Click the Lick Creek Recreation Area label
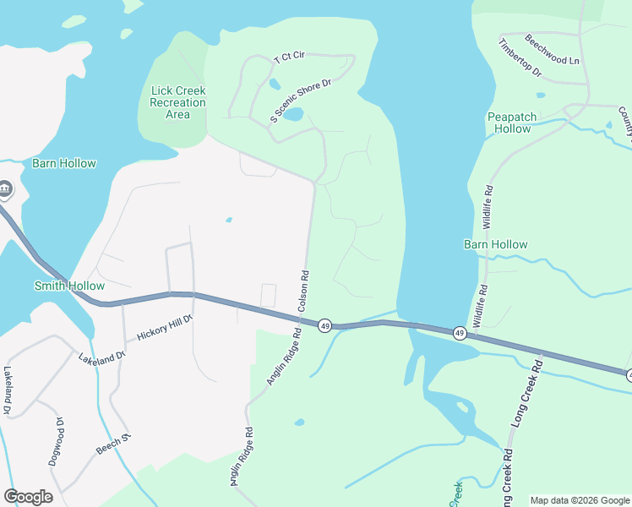177,102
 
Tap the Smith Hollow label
69,286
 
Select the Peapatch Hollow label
509,123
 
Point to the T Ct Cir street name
289,56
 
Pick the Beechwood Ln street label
552,50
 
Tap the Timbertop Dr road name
520,58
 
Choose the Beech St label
115,444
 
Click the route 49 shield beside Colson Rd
324,325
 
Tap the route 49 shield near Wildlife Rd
459,333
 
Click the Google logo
28,497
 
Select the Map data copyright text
580,500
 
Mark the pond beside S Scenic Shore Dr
292,114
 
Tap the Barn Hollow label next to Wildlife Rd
496,244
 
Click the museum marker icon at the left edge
4,188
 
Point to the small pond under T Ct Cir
274,84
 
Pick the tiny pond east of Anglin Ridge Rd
300,422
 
